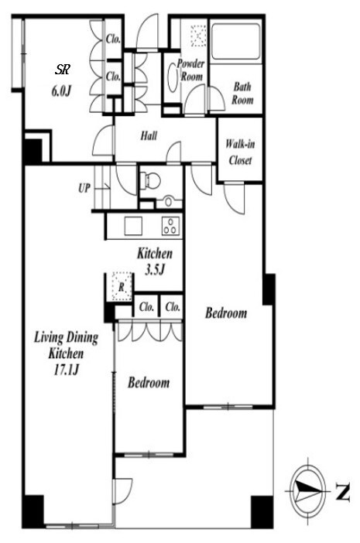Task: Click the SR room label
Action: [x=63, y=70]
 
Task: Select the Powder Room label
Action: [x=190, y=70]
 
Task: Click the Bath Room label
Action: [x=242, y=93]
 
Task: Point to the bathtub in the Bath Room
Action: [x=235, y=42]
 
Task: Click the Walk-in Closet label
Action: [x=240, y=152]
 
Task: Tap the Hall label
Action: [x=149, y=135]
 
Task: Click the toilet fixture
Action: [x=150, y=180]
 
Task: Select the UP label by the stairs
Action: [x=84, y=188]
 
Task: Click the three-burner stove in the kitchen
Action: [x=170, y=226]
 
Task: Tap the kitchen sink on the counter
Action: [x=133, y=226]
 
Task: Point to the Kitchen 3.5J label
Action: [x=155, y=261]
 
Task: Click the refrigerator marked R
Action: [x=122, y=286]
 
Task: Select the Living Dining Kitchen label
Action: [x=66, y=345]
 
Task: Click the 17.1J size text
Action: [x=66, y=370]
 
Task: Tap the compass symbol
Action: [x=307, y=491]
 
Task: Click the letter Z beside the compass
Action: [x=342, y=491]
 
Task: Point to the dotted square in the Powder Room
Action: [x=198, y=36]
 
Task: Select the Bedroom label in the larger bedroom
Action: [x=226, y=312]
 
